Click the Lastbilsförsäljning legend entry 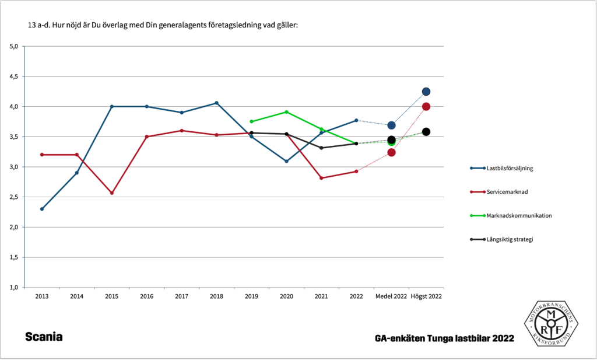(510, 168)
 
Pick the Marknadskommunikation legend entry (514, 215)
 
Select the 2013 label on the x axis (41, 296)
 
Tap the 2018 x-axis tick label (216, 296)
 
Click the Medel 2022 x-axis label (391, 296)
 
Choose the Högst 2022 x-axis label (426, 296)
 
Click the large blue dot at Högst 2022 (426, 92)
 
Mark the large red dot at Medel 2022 (391, 152)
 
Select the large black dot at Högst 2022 (426, 132)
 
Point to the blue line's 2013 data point (42, 209)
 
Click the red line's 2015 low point (111, 193)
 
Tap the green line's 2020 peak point (286, 112)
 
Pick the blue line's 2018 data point (216, 103)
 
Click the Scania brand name (44, 337)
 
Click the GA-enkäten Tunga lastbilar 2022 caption (445, 338)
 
